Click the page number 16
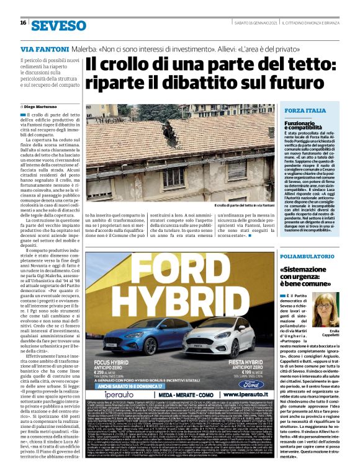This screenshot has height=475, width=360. point(23,23)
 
